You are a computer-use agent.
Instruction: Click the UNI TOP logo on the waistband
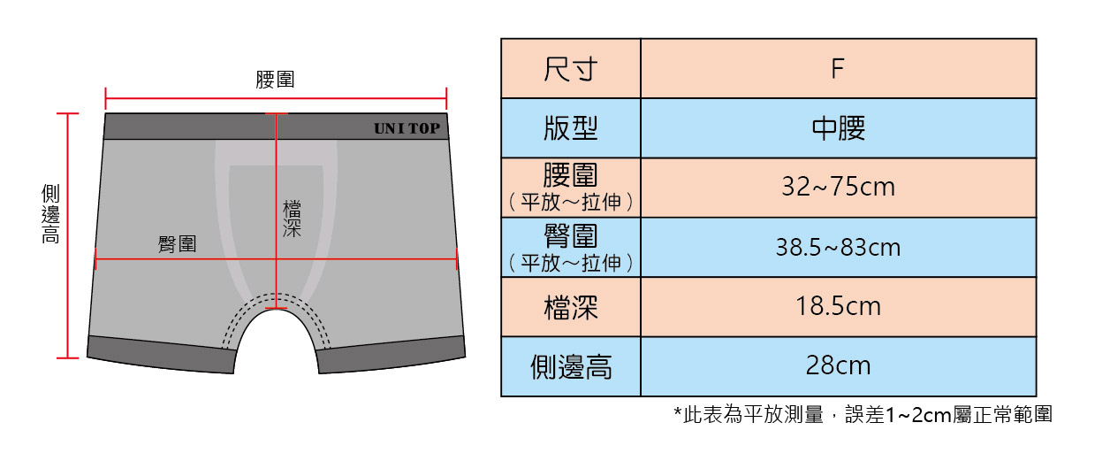point(407,128)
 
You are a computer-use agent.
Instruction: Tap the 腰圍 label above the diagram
point(275,80)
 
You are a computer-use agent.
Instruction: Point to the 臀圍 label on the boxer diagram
point(177,243)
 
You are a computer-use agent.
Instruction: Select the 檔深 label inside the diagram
point(292,219)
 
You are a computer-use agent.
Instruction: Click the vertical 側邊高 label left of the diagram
point(50,213)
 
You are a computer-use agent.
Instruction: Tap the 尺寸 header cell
point(571,68)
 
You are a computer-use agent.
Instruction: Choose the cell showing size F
point(839,68)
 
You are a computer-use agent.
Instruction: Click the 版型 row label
point(571,128)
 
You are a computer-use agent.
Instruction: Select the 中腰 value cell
point(839,128)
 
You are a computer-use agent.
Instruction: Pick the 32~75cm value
point(839,187)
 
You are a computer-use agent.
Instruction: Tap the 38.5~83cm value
point(839,247)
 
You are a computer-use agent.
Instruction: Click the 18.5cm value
point(839,306)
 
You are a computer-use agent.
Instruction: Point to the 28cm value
point(839,365)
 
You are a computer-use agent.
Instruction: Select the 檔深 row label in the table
point(571,307)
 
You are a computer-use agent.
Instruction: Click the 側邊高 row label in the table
point(571,366)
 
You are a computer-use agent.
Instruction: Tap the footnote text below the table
point(863,414)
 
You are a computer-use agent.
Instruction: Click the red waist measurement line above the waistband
point(276,98)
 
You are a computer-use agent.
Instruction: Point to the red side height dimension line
point(67,236)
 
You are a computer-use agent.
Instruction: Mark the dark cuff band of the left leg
point(162,354)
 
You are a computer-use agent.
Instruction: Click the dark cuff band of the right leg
point(391,354)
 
